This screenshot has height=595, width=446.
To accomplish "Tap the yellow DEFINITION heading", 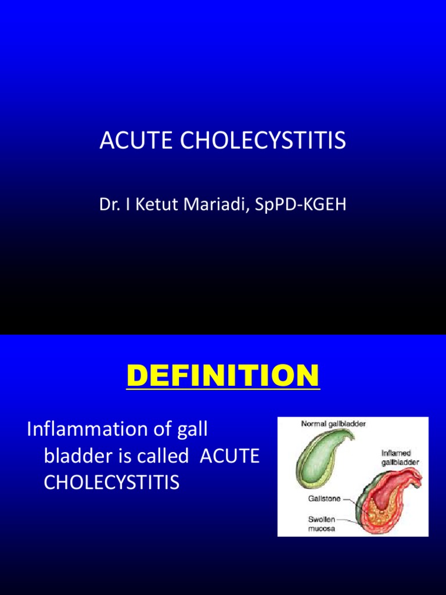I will point(223,375).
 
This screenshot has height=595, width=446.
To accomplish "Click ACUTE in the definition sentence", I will point(229,456).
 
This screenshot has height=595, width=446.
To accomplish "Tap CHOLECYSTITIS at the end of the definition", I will point(111,482).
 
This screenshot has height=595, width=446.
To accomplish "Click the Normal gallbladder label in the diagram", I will point(333,424).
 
